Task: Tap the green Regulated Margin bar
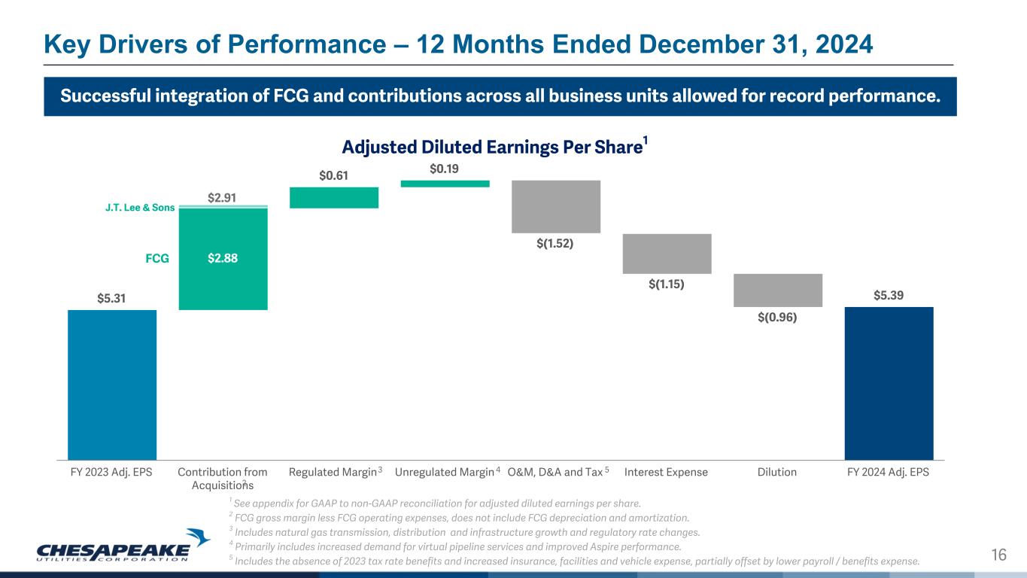click(334, 197)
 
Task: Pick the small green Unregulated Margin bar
click(445, 183)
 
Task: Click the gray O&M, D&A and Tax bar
click(556, 206)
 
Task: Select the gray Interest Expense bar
click(667, 254)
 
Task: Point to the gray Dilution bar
click(777, 290)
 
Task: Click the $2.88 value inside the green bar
click(223, 257)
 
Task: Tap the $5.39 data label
click(889, 296)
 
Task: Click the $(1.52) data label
click(556, 244)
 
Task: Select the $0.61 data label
click(334, 175)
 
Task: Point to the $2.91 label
click(223, 197)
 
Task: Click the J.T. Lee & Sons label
click(140, 208)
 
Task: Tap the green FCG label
click(156, 257)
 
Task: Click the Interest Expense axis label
click(666, 472)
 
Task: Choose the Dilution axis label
click(777, 472)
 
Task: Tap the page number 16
click(998, 555)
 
